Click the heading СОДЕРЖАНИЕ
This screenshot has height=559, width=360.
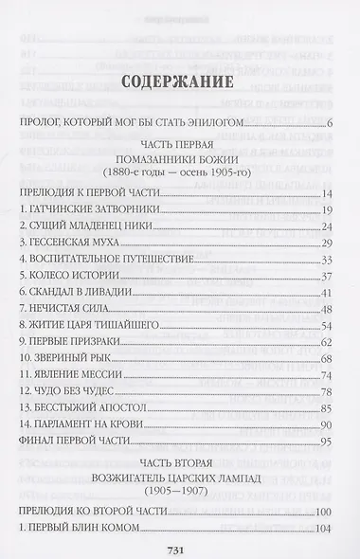179,81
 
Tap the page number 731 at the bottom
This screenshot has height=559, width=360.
179,544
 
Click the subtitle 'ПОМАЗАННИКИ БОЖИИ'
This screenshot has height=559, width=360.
179,162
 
